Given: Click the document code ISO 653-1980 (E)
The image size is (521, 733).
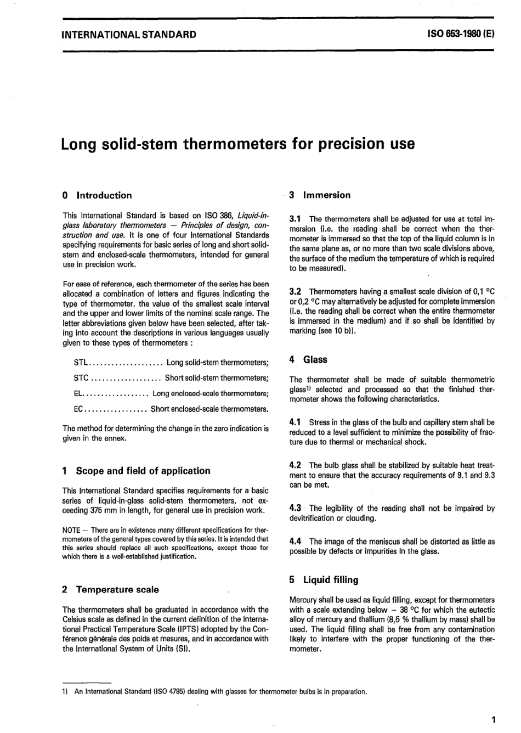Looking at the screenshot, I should (461, 33).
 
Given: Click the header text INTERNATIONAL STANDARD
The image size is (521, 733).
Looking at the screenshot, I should (129, 34).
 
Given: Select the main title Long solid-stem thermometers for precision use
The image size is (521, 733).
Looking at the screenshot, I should (237, 144).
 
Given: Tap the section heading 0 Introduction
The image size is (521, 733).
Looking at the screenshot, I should (98, 195).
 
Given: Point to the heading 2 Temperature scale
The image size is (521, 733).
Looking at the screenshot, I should (111, 590).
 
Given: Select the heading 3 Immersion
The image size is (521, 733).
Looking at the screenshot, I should (320, 195).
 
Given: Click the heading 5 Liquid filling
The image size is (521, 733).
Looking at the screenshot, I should (324, 580).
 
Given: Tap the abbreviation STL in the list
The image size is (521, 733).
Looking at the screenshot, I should (81, 363).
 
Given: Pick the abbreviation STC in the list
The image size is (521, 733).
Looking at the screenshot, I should (81, 378).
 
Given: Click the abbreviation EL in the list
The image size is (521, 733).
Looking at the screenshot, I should (78, 393).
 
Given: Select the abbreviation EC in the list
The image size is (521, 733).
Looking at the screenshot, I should (78, 409).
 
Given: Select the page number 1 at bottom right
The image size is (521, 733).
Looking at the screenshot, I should (494, 720).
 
